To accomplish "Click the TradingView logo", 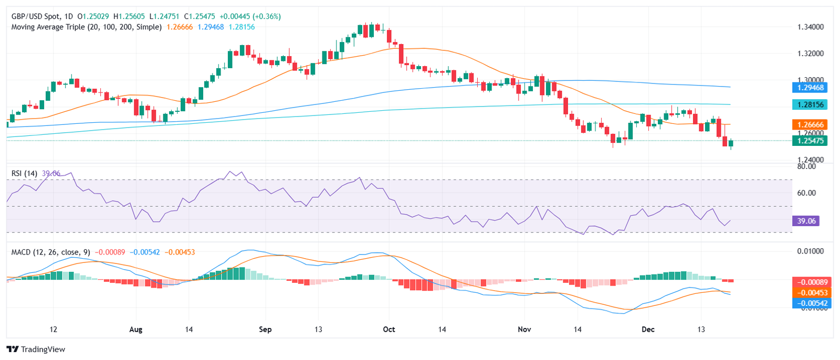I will pos(36,350).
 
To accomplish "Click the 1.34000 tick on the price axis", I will pos(810,27).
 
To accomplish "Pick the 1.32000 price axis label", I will pos(810,54).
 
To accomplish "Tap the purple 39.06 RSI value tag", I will pos(806,221).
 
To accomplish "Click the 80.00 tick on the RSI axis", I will pos(806,166).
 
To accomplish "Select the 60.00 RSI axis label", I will pos(806,193).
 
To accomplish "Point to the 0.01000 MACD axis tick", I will pos(810,251).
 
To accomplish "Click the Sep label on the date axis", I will pos(265,330).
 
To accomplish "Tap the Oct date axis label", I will pos(389,330).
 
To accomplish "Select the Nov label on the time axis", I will pos(524,330).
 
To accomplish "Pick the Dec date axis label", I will pos(648,330).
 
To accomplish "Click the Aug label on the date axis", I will pos(136,330).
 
